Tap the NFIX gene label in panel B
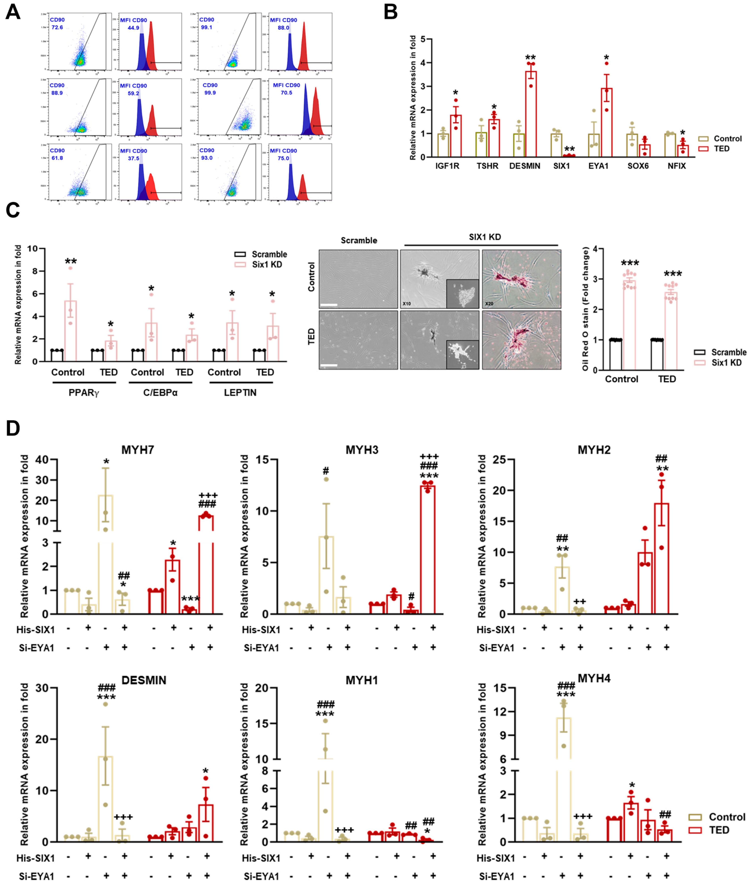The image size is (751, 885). point(677,166)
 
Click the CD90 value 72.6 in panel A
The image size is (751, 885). point(57,27)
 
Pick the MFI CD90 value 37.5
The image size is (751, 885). point(133,158)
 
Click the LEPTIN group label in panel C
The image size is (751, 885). point(240,392)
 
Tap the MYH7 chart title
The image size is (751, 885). point(138,450)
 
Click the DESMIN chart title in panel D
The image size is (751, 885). point(144,680)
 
